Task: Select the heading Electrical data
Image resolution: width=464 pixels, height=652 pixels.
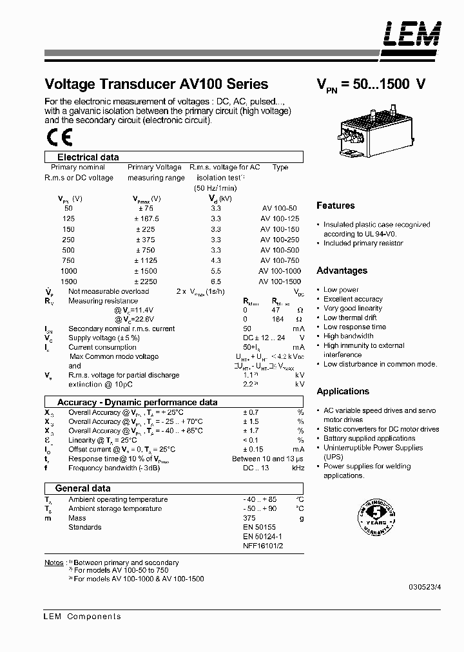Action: point(88,157)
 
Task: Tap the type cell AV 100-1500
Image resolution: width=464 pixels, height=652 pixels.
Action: point(280,282)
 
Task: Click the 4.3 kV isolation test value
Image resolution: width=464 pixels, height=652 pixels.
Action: point(215,260)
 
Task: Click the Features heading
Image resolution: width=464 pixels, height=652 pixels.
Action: point(335,206)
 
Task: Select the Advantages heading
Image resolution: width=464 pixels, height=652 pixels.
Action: point(342,271)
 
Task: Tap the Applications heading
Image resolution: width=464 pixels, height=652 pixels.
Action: point(343,391)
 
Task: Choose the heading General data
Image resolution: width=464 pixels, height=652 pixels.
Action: point(82,488)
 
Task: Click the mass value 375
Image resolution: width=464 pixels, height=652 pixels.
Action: point(249,518)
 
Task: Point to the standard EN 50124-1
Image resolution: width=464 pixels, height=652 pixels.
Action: point(262,536)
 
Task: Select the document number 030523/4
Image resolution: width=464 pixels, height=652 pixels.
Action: point(425,587)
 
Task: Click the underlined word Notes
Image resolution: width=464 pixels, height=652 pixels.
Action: point(53,562)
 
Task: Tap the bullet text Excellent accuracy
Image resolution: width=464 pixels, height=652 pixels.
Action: point(353,299)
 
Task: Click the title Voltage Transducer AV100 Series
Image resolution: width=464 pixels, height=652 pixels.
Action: point(156,84)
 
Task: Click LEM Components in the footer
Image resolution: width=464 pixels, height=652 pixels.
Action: point(82,617)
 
